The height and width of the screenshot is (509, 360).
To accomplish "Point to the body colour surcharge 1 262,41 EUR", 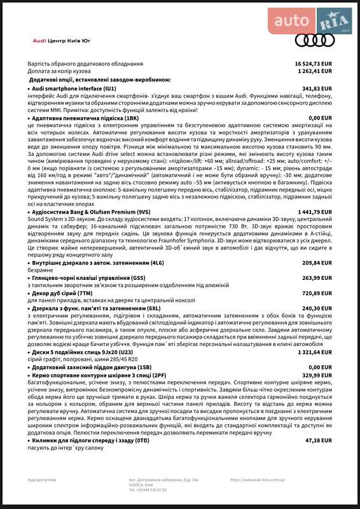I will pos(315,71).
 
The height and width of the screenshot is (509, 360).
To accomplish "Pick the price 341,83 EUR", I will pos(317,89).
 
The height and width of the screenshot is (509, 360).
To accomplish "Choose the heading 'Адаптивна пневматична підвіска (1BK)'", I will pos(85,118).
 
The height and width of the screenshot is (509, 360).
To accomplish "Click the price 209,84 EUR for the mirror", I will pos(317,262).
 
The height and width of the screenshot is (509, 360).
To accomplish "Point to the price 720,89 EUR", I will pos(317,293).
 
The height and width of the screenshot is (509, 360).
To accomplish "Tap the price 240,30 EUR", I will pos(317,309).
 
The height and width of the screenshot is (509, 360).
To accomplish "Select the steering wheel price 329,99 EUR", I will pos(317,376).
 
